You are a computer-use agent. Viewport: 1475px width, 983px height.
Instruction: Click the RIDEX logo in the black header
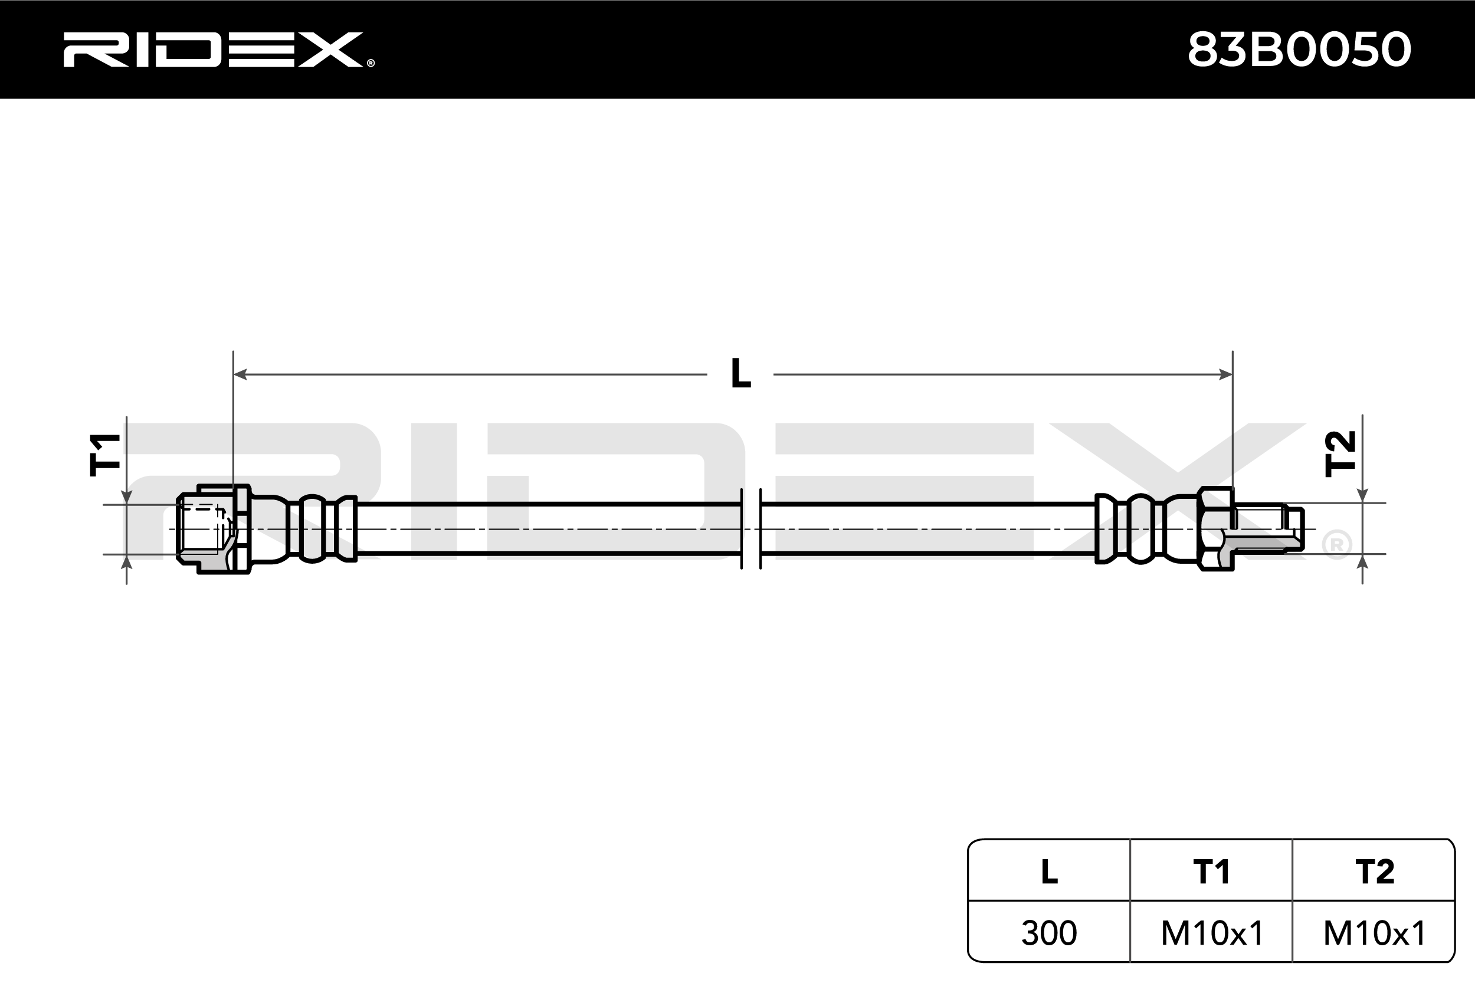213,50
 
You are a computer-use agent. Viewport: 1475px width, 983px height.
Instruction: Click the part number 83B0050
1299,50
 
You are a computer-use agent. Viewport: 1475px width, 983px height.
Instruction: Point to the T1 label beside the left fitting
106,455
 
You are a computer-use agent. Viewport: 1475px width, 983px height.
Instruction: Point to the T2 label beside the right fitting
1339,453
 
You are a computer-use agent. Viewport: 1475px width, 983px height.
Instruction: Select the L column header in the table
1048,872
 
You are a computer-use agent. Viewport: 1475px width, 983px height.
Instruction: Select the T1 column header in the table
1211,872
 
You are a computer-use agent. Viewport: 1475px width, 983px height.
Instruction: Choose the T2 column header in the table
1374,872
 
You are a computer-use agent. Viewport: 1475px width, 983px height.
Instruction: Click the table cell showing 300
1048,933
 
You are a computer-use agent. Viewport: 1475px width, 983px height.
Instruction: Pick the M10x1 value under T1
1211,933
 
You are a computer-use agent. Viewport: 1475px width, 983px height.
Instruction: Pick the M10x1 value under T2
1374,933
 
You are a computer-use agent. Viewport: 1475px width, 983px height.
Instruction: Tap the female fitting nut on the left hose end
213,528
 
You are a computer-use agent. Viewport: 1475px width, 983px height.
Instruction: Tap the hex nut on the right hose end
1215,528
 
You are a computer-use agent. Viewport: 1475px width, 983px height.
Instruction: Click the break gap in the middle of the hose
750,528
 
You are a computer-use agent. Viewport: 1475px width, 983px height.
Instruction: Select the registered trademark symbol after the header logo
371,63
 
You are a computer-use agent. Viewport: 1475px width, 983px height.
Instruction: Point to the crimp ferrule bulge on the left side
312,528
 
